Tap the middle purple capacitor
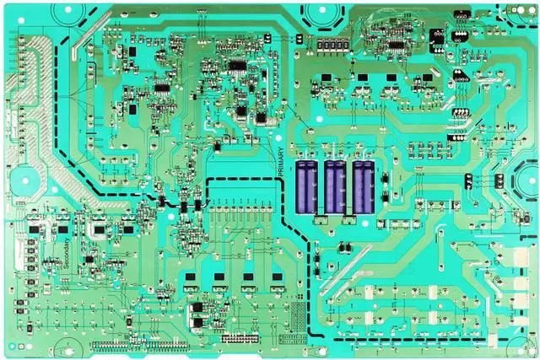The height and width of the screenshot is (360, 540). point(335,187)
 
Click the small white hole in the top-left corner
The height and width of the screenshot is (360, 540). point(11,9)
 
